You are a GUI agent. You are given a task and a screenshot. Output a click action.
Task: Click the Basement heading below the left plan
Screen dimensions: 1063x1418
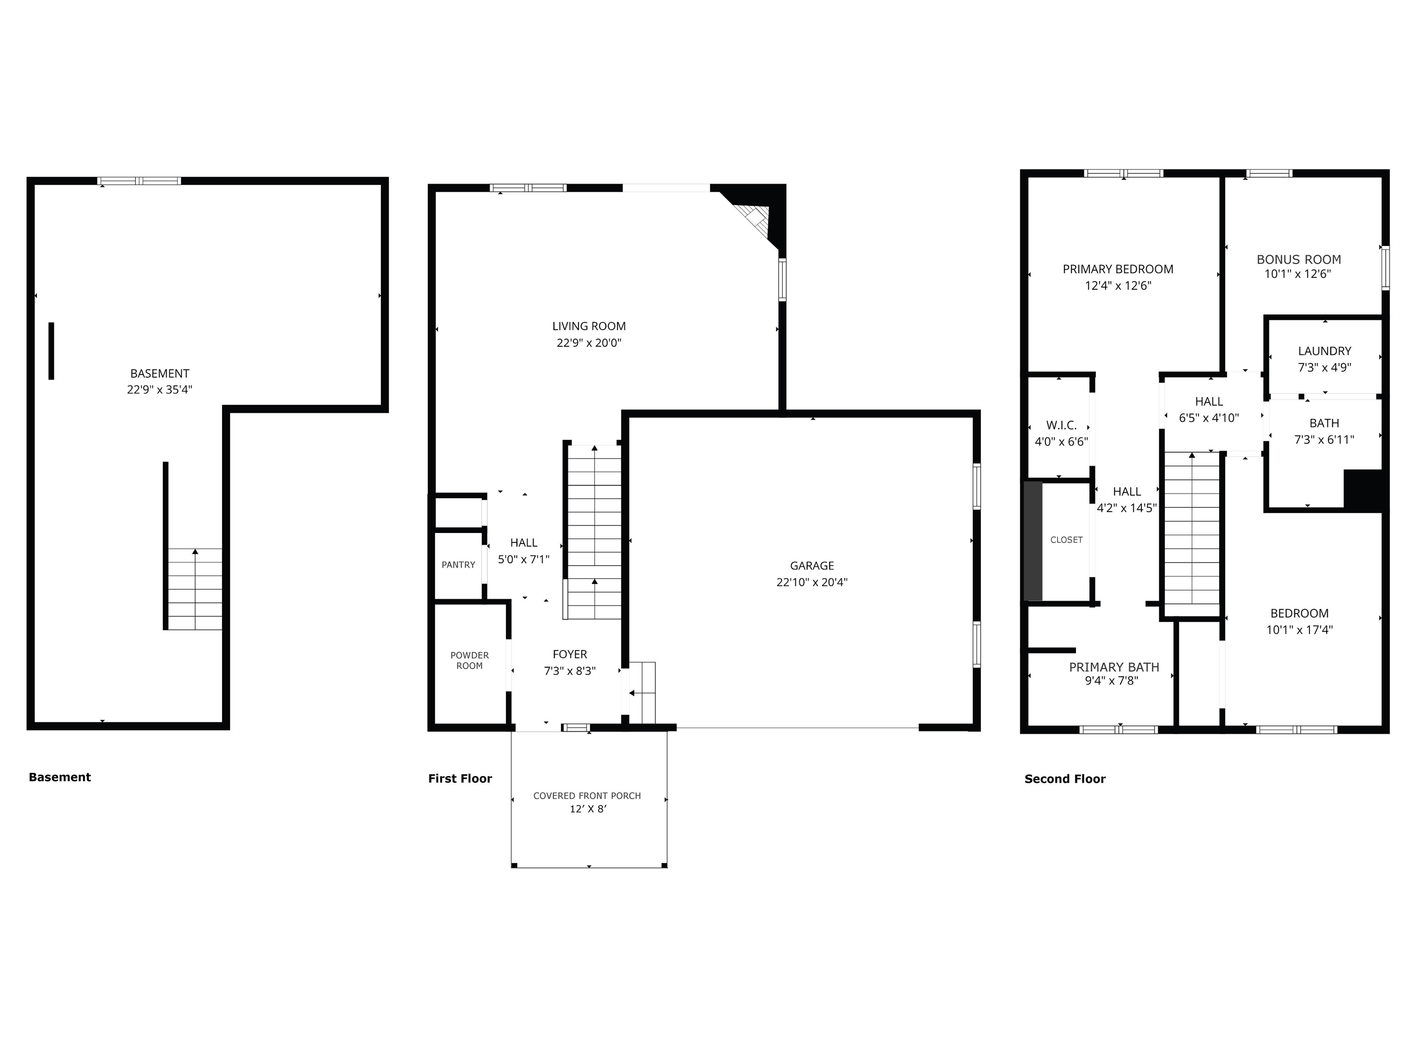60,777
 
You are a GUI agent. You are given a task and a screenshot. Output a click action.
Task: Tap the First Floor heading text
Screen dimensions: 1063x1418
460,778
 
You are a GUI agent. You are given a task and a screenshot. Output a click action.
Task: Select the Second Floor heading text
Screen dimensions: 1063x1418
1065,779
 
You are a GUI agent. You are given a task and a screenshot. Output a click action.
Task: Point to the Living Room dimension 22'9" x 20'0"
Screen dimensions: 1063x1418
589,343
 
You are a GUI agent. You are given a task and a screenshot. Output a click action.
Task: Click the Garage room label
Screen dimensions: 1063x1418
811,566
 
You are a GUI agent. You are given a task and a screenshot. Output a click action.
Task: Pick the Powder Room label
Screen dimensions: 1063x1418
469,661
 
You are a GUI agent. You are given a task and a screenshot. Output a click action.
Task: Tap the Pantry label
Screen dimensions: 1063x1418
458,565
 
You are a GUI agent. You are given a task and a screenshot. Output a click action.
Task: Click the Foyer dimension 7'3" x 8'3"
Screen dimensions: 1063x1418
569,671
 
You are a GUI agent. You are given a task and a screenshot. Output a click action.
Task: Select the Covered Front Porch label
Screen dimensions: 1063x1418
587,796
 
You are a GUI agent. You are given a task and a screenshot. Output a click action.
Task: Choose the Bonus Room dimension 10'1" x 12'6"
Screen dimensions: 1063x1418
1297,274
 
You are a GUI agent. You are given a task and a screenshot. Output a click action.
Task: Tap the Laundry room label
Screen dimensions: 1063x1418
1324,351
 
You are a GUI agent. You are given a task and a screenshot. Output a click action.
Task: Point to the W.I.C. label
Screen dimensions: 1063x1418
1061,425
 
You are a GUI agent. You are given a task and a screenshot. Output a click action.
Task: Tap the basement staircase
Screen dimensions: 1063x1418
195,590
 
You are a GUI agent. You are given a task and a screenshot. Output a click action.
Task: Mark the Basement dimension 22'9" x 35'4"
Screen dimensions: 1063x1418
160,389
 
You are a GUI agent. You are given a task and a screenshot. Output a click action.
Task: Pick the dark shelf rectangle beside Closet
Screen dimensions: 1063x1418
1033,541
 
